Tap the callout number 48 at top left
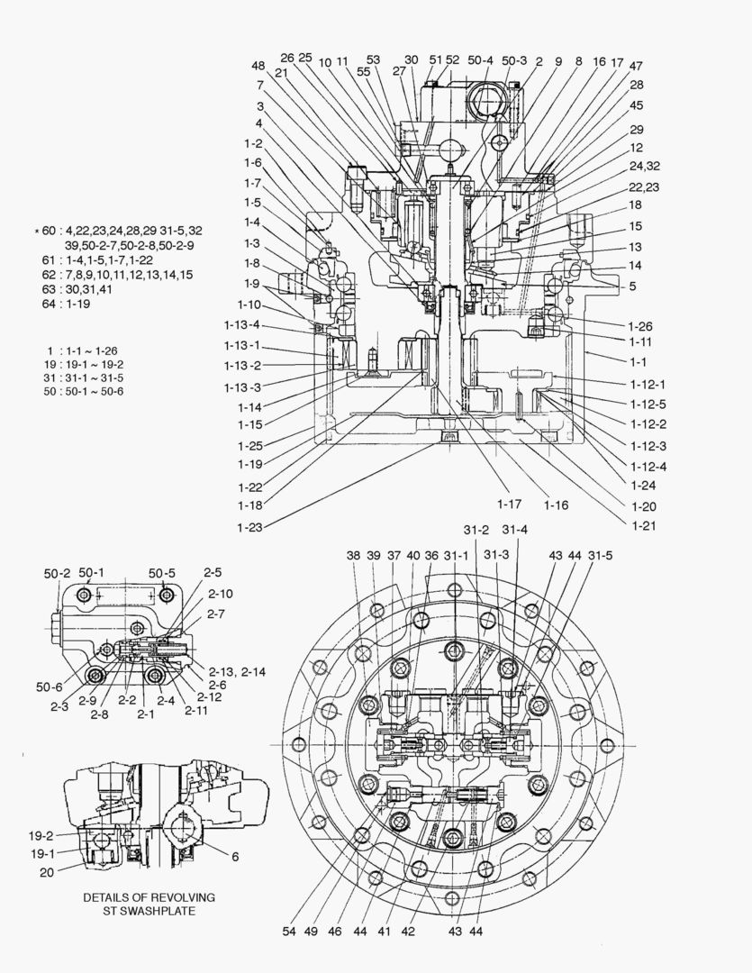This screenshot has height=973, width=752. click(x=258, y=66)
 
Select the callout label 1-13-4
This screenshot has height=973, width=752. click(x=243, y=325)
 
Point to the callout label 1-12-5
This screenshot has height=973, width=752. click(x=649, y=405)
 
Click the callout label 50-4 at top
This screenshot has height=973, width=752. click(x=480, y=59)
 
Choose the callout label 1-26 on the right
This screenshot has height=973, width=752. click(x=639, y=326)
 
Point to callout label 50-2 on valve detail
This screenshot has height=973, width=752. click(x=57, y=573)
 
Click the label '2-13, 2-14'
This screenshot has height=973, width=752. click(x=236, y=673)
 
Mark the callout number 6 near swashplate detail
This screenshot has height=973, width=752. click(x=235, y=857)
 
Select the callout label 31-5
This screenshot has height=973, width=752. click(x=600, y=556)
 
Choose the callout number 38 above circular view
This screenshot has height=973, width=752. click(x=353, y=556)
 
